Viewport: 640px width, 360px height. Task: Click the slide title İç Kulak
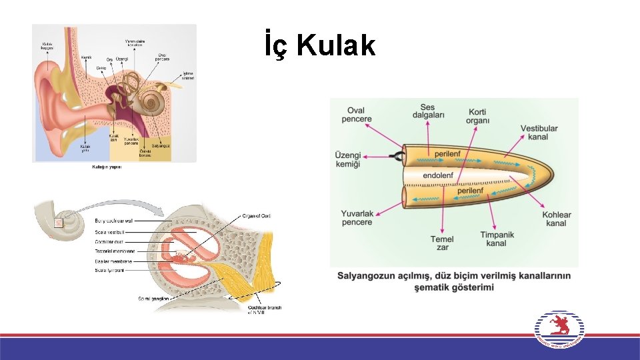tap(320, 45)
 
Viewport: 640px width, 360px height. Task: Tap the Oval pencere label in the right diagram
tap(357, 115)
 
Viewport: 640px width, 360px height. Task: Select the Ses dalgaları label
tap(428, 111)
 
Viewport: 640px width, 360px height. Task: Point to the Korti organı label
tap(478, 116)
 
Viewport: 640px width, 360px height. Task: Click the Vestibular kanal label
tap(539, 132)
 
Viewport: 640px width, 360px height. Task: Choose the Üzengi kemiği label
tap(351, 159)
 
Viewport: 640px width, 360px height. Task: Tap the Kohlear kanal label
tap(556, 219)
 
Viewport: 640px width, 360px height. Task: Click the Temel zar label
tap(441, 243)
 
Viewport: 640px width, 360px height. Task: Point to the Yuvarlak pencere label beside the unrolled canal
tap(357, 217)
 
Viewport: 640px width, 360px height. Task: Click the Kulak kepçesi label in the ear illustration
tap(46, 45)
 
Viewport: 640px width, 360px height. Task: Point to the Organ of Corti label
tap(256, 215)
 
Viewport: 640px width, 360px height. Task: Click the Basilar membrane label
tap(113, 261)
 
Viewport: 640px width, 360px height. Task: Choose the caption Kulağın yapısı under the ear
tap(107, 167)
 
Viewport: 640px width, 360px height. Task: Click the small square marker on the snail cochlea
tap(58, 223)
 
